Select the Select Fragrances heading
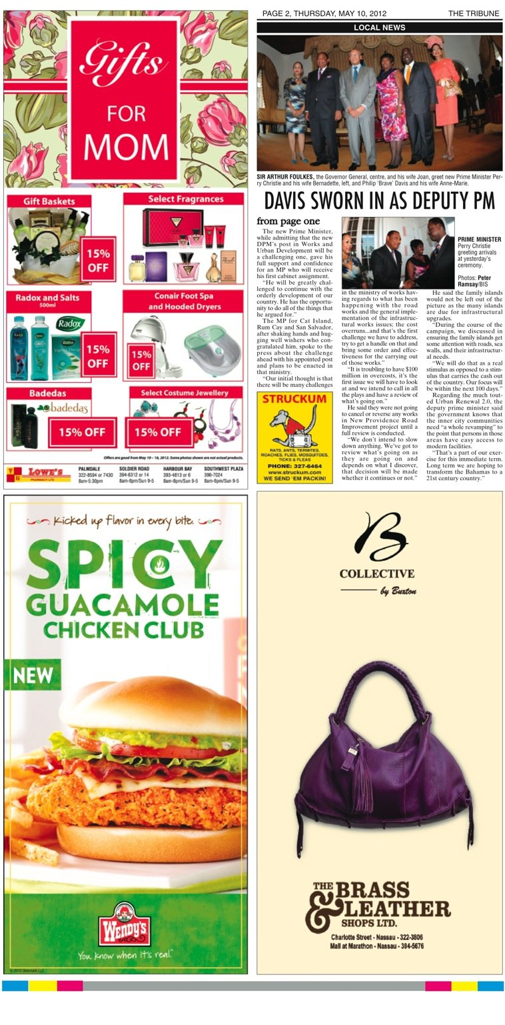coord(185,199)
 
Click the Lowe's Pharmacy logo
coord(40,474)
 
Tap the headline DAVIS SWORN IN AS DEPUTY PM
coord(379,201)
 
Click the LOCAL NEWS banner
coord(379,27)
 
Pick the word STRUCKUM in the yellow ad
coord(294,399)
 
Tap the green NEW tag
coord(33,674)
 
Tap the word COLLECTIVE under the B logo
coord(376,574)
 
